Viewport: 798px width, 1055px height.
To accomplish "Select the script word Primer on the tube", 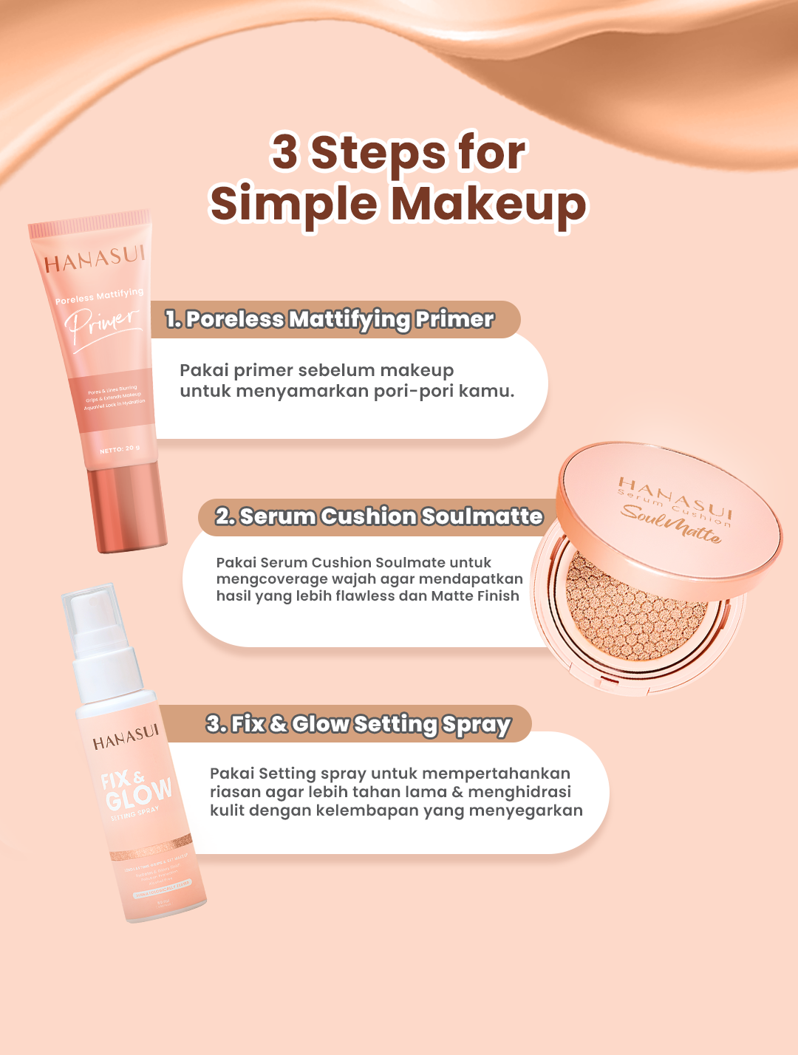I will pos(102,323).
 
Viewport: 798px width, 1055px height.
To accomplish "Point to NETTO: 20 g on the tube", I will pos(120,449).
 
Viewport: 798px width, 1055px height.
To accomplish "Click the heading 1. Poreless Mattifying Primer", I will pos(330,319).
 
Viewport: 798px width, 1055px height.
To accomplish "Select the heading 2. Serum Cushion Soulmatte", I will pos(379,516).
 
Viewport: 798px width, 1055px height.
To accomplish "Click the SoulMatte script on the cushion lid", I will pos(670,523).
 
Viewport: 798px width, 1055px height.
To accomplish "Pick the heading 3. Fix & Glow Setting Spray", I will pos(358,724).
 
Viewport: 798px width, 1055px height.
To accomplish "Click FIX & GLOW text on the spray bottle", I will pos(136,789).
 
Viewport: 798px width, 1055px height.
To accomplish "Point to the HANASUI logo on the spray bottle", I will pos(126,737).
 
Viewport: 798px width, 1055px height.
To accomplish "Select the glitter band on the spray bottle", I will pos(151,849).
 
